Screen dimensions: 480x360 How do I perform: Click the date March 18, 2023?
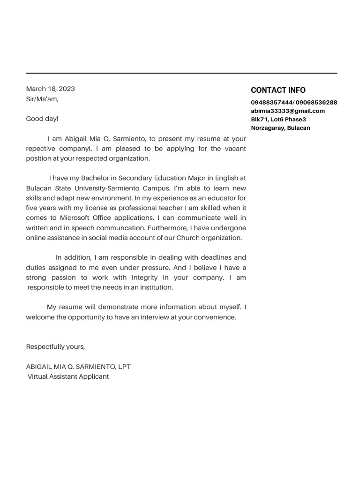coord(50,89)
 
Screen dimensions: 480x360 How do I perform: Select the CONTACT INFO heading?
coord(278,90)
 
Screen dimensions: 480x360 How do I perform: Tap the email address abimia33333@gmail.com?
coord(288,111)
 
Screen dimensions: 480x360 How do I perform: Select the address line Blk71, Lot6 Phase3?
coord(278,120)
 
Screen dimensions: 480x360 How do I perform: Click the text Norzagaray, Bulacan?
coord(280,128)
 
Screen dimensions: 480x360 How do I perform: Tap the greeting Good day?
coord(42,119)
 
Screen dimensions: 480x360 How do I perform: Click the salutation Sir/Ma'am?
coord(42,99)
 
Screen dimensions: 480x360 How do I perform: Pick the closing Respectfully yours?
coord(55,347)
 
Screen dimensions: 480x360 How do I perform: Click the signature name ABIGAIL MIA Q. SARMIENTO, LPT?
coord(78,367)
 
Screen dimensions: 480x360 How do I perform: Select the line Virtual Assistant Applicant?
coord(68,376)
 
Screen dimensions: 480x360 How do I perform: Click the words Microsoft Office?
coord(87,218)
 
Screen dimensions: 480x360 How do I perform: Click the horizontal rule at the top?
coord(181,73)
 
